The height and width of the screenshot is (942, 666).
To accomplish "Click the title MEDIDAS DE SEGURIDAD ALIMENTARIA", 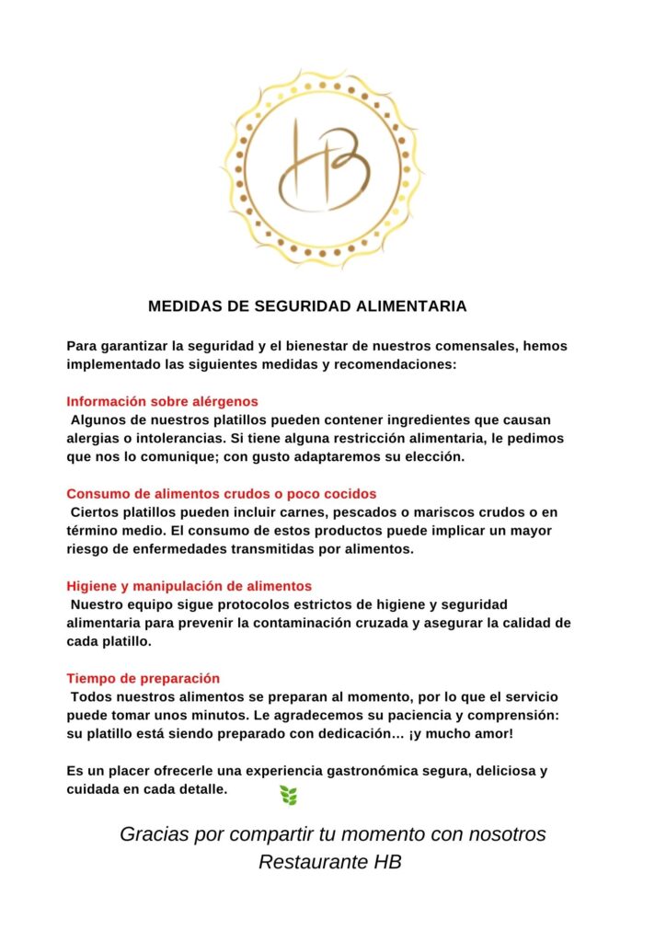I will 307,306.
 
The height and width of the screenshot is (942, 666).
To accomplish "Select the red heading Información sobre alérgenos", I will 162,401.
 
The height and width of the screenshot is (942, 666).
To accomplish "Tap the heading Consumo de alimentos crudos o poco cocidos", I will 221,493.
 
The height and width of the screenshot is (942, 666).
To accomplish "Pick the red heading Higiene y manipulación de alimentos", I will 189,585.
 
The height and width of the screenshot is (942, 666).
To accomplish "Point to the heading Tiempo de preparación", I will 143,678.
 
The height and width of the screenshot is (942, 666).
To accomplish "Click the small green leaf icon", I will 288,795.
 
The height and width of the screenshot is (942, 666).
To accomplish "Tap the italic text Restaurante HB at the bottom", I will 330,863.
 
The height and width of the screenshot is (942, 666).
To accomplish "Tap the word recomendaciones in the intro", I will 390,364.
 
